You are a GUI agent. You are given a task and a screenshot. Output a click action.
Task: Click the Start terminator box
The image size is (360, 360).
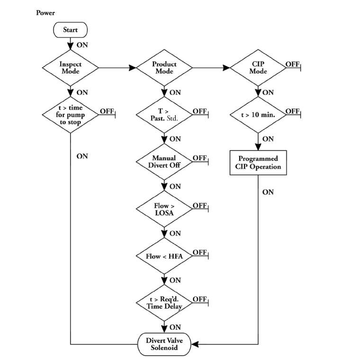[x=70, y=30]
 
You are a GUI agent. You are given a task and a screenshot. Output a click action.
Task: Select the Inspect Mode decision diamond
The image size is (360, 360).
[x=70, y=67]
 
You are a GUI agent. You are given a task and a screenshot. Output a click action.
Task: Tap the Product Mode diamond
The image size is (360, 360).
[x=164, y=67]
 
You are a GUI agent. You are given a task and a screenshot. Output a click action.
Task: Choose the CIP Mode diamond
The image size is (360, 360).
[x=258, y=67]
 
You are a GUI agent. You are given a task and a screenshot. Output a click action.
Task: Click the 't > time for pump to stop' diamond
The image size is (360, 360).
[x=70, y=115]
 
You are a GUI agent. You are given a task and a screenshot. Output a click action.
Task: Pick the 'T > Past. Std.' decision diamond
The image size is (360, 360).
[x=164, y=114]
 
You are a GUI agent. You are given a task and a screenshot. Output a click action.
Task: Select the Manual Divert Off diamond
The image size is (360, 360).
[x=164, y=161]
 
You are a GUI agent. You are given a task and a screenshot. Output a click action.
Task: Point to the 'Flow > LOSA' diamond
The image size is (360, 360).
[x=164, y=209]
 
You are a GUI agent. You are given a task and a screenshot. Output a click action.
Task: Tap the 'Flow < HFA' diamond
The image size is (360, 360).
[x=164, y=256]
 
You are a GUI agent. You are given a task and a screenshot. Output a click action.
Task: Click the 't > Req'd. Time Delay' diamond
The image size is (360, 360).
[x=164, y=303]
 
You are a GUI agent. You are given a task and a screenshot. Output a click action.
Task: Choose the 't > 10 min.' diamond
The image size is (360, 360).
[x=258, y=114]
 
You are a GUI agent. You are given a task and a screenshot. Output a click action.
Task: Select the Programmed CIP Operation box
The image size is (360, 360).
[x=258, y=163]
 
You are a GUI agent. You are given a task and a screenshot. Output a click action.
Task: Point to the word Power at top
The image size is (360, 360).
[x=45, y=12]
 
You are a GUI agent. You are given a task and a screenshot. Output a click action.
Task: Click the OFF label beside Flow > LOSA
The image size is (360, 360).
[x=199, y=205]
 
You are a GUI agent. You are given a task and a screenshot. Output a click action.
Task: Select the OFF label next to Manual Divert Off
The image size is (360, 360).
[x=199, y=158]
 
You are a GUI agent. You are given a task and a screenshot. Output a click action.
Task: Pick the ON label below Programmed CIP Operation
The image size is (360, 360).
[x=268, y=192]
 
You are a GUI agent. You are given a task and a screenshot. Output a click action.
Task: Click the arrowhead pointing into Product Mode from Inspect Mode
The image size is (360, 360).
[x=132, y=68]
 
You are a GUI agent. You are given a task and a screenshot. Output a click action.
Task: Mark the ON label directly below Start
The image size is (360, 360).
[x=82, y=45]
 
